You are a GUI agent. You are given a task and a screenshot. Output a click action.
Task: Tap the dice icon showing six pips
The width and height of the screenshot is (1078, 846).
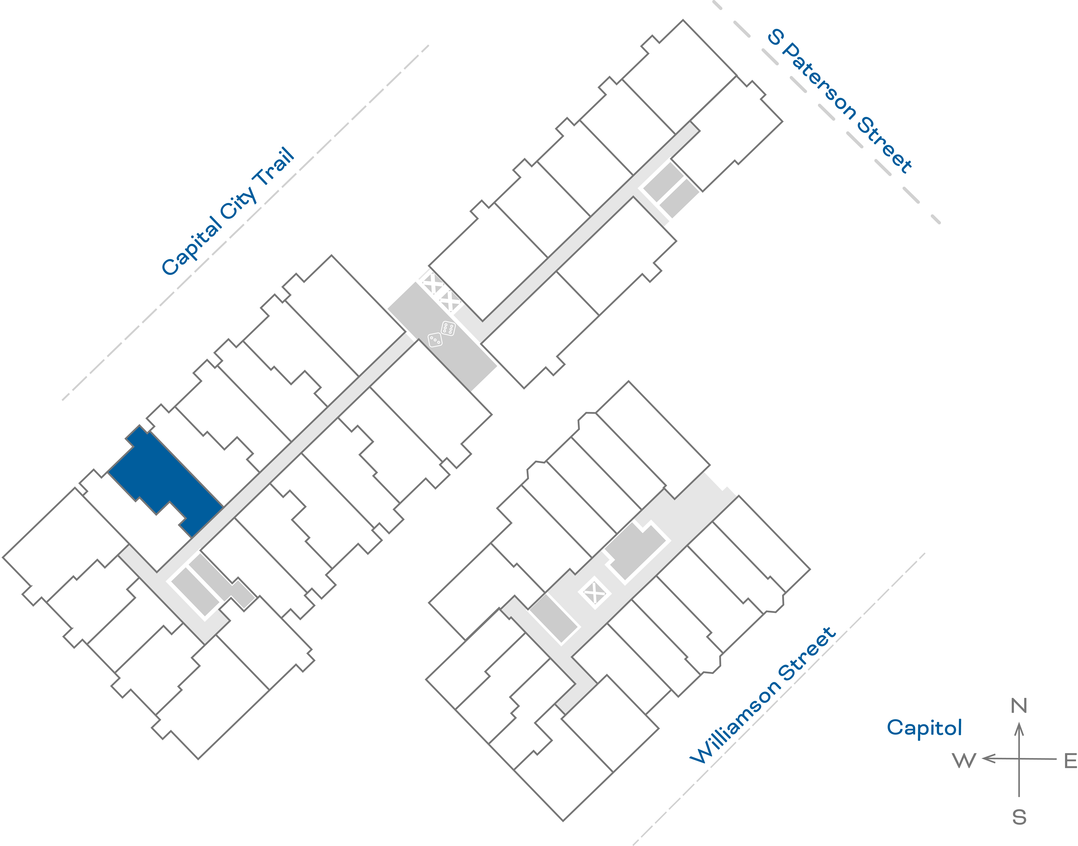[448, 328]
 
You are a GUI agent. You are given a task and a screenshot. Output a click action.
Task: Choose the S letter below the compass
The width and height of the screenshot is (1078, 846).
[1019, 817]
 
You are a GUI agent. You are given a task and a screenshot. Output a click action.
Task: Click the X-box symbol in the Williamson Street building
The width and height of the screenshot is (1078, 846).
[594, 592]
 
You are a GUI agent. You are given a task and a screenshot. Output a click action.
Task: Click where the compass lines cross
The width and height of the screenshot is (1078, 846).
[1019, 758]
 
